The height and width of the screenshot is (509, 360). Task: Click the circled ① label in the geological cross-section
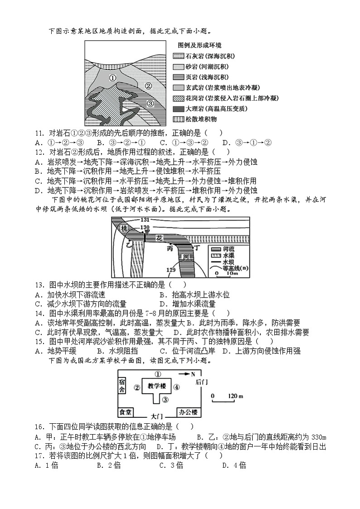(x=113, y=78)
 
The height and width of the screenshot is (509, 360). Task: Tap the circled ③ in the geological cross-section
(x=151, y=103)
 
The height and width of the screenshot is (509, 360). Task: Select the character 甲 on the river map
(x=146, y=231)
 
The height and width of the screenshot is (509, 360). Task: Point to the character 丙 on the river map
(x=170, y=249)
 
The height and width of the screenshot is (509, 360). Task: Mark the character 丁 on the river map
(x=197, y=248)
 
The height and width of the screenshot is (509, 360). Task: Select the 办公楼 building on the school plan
(x=188, y=412)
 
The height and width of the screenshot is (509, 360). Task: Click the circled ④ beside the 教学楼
(x=177, y=387)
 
